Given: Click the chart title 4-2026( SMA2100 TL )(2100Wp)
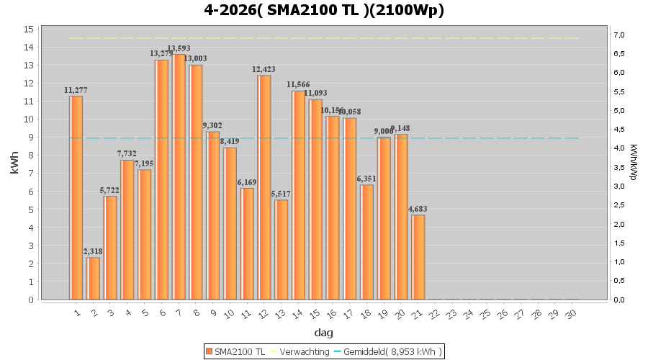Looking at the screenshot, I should pos(324,10).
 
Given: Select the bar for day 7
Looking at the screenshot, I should pos(179,176).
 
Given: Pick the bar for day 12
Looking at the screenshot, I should pos(264,187).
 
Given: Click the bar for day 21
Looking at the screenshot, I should pos(418,257).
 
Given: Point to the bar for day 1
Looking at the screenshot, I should pos(76,197).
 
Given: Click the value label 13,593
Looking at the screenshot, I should pos(179,49).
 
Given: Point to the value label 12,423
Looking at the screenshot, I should pos(264,70).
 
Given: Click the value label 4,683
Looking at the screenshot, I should pos(418,210).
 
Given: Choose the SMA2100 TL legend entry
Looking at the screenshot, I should pos(235,351).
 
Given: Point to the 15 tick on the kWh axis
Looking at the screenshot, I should pos(29,29).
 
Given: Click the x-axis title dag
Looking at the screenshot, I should pos(323,333).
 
